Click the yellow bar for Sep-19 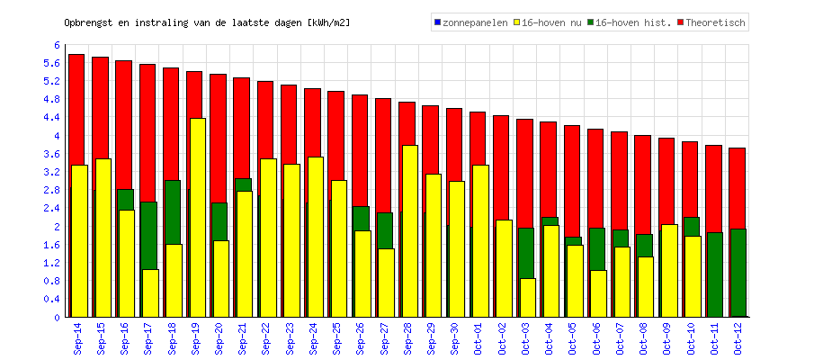(x=198, y=217)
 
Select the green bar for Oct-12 (x=738, y=273)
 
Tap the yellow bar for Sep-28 (x=409, y=230)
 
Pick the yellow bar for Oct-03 (x=528, y=297)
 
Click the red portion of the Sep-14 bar (x=76, y=108)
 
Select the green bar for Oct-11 (x=714, y=274)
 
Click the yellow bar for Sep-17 (x=150, y=292)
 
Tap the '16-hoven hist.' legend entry (x=629, y=22)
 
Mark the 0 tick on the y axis (x=57, y=317)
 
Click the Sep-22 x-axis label (x=265, y=339)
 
